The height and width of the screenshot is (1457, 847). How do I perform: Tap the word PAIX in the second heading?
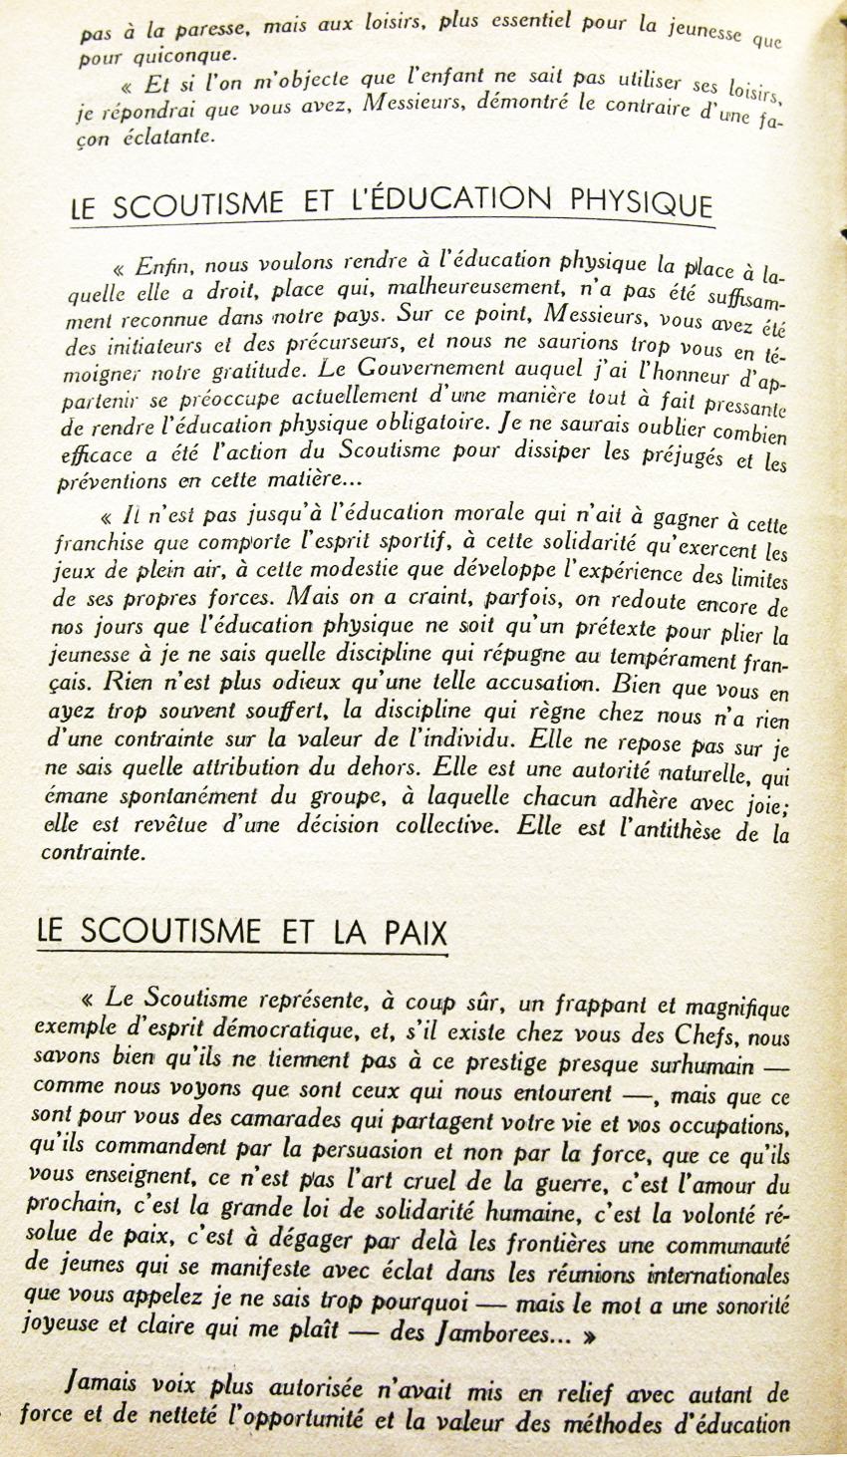413,931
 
